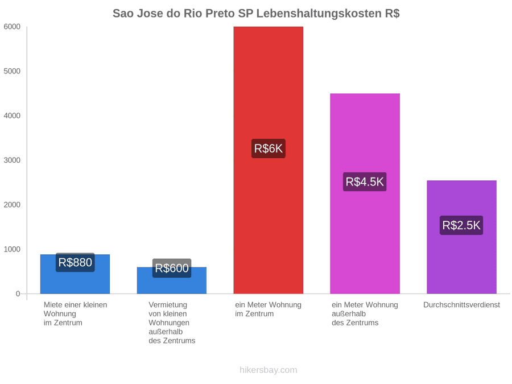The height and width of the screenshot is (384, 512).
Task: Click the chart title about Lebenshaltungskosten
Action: [x=256, y=14]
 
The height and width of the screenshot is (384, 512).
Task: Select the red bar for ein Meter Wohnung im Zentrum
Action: [x=268, y=160]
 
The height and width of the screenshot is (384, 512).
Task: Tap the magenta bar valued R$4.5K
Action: [x=365, y=193]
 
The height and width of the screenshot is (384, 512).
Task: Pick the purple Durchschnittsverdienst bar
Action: [x=461, y=237]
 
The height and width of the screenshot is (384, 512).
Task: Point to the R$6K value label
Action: [x=268, y=148]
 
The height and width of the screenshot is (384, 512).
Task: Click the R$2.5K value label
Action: [x=461, y=225]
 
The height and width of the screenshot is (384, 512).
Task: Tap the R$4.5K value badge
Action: [x=365, y=182]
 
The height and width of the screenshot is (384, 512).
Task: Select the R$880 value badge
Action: [x=75, y=262]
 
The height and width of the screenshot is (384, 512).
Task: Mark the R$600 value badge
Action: [x=172, y=268]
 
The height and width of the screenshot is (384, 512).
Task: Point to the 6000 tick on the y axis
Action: [x=12, y=27]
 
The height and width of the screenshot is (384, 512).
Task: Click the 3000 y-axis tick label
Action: [x=12, y=160]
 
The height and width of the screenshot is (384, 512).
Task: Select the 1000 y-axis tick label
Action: [x=12, y=250]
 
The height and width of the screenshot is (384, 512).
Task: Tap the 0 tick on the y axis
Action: [x=18, y=294]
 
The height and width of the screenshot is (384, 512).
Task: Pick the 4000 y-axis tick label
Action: [x=12, y=116]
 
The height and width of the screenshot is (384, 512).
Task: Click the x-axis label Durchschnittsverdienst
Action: [x=461, y=305]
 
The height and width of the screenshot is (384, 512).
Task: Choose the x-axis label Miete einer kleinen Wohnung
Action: [x=75, y=314]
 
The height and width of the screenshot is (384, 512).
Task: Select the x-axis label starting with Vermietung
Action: [x=172, y=323]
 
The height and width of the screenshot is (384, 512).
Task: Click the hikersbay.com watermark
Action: [x=269, y=370]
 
